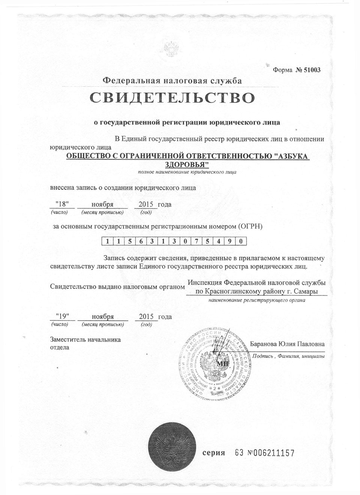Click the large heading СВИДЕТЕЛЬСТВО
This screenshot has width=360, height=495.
172,97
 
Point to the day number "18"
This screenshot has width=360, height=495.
62,204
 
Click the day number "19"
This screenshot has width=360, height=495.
62,317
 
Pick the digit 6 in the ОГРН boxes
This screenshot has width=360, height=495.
141,241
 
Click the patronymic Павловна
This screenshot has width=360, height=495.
311,344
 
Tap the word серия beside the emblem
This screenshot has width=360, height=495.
214,453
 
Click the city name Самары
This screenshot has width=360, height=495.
307,291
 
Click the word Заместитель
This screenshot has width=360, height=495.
68,340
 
